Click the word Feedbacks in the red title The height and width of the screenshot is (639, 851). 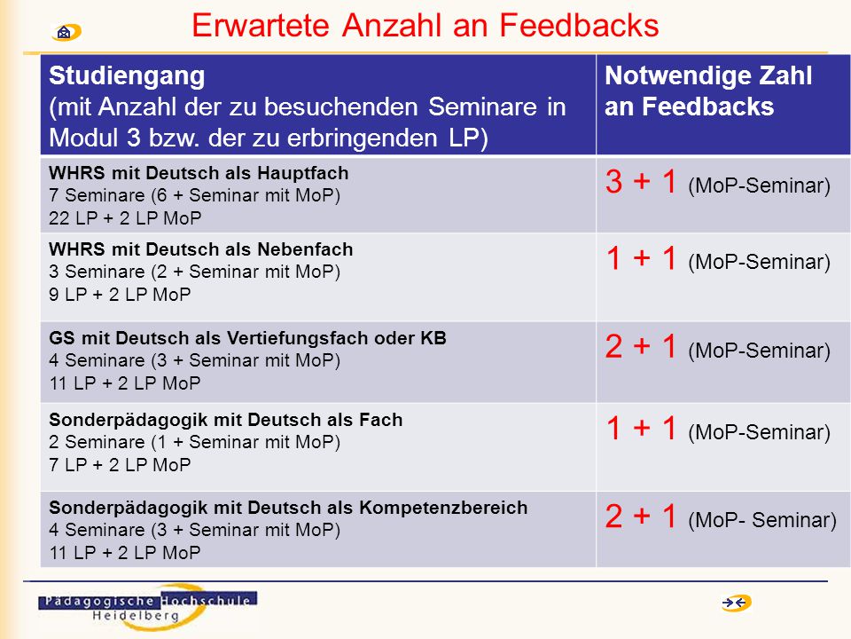579,25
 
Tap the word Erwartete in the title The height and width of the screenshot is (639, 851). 261,25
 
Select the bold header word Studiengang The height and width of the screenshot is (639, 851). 127,76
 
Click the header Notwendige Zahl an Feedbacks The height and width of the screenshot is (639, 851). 708,91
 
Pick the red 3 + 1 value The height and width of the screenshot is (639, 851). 641,181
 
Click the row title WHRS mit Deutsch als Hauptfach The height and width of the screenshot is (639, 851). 199,173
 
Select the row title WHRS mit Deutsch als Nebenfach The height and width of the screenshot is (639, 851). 201,248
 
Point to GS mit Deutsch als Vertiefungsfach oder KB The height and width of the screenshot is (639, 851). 247,338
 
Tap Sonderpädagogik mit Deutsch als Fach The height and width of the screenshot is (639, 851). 226,420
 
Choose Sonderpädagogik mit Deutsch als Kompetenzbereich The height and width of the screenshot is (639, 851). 288,508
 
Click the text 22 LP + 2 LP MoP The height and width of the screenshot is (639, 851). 125,218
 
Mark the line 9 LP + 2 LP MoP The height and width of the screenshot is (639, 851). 120,294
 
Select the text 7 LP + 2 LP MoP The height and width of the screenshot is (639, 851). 120,464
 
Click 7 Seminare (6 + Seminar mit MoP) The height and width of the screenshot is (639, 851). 194,195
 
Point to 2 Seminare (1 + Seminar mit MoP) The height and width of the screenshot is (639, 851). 194,442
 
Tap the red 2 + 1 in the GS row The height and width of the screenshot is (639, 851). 641,347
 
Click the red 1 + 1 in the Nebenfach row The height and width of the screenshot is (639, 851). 641,257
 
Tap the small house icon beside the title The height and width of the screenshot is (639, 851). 66,33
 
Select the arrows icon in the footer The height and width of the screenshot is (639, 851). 736,603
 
